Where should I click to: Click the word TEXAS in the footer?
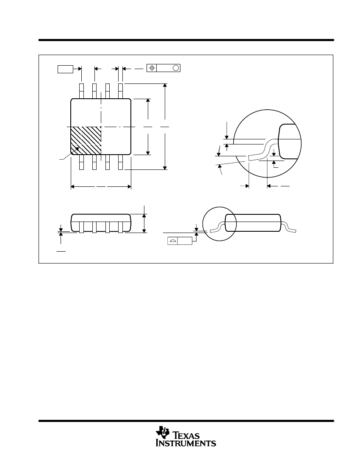tap(186, 435)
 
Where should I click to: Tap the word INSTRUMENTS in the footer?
tap(186, 443)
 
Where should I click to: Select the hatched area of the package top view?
tap(86, 141)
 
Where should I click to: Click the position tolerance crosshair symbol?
tap(152, 68)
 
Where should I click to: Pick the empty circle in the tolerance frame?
tap(175, 68)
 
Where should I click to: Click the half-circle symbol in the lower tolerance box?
tap(172, 241)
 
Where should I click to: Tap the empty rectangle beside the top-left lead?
tap(65, 69)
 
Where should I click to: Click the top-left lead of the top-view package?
tap(81, 91)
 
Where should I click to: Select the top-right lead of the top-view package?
tap(120, 91)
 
